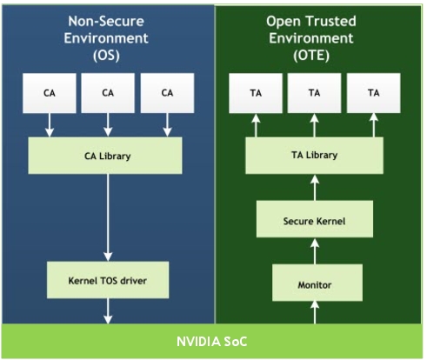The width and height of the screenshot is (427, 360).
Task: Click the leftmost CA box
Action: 50,93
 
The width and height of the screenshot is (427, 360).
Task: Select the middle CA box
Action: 108,93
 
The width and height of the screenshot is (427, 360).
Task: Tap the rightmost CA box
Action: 166,93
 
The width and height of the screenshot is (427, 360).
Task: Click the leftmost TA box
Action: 258,93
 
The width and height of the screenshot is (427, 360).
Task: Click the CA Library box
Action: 108,155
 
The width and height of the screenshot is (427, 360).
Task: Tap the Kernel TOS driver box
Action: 108,280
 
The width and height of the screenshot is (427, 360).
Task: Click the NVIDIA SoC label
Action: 213,342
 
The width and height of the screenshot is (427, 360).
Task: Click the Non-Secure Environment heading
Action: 108,31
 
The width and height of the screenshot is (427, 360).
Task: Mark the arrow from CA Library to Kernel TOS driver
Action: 108,217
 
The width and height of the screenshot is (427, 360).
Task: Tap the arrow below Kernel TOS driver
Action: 108,311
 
